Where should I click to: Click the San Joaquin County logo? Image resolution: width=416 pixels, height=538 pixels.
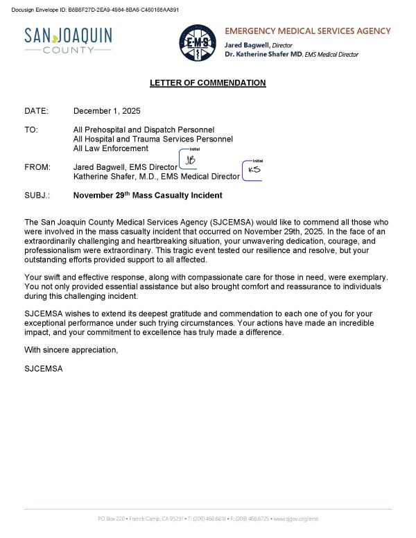(67, 40)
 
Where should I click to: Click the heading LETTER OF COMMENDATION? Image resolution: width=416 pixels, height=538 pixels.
(208, 83)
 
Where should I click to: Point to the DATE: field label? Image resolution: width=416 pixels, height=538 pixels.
(36, 111)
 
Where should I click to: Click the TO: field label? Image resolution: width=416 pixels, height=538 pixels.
(31, 130)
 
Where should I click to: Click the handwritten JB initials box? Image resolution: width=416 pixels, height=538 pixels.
(190, 160)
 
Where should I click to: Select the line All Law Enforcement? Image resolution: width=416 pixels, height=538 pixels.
(111, 148)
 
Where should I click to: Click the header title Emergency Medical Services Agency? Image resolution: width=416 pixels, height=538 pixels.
(308, 31)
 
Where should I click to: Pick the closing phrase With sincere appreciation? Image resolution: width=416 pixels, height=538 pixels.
(71, 350)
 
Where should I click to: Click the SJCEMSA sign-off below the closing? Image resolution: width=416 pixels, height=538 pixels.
(44, 368)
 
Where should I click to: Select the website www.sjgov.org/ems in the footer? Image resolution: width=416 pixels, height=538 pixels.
(296, 519)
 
